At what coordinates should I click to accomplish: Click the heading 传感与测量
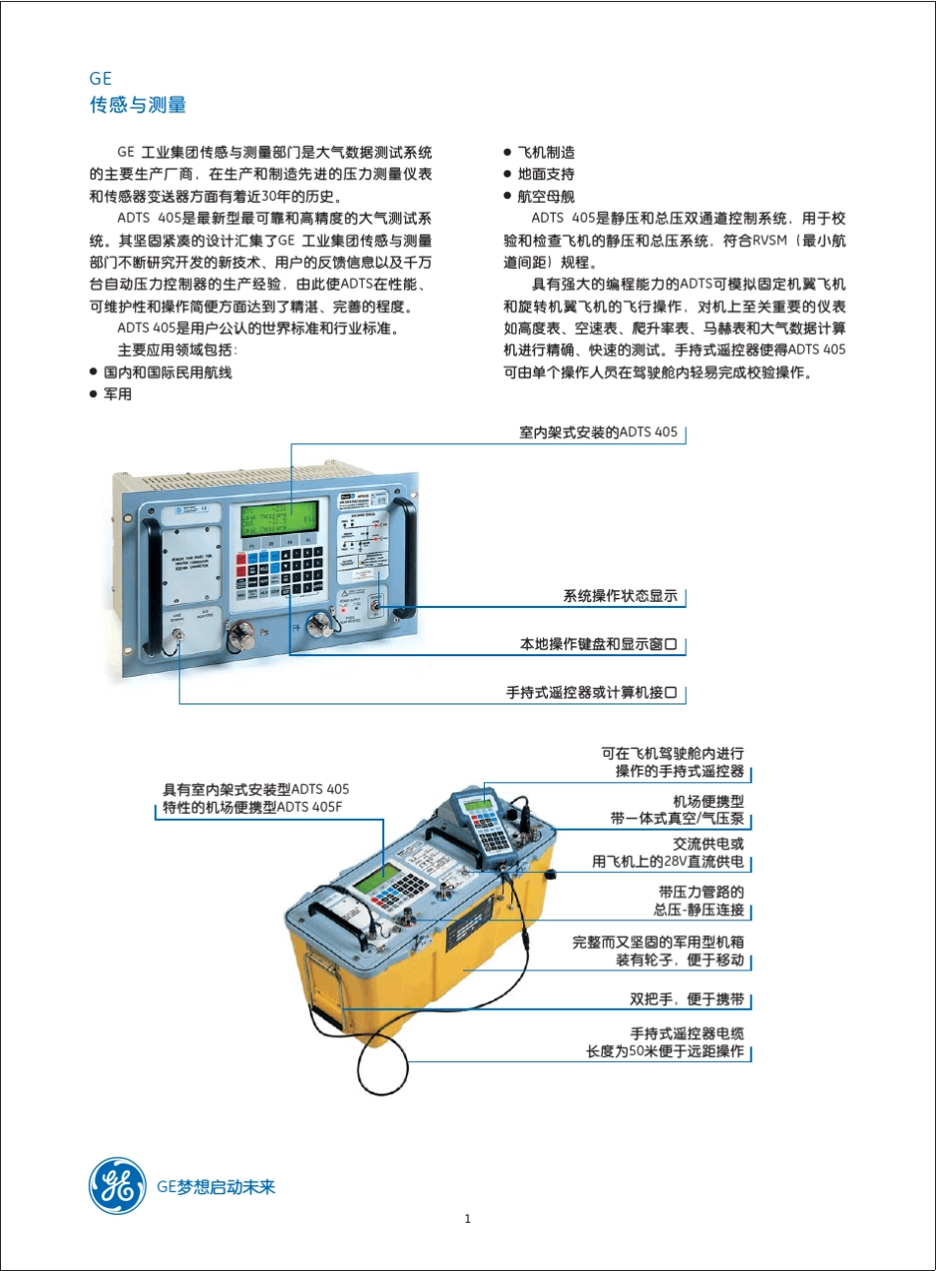tap(138, 104)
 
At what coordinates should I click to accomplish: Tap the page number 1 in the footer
tap(467, 1219)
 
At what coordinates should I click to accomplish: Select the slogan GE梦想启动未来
tap(216, 1186)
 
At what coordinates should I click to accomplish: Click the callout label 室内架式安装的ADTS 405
tap(598, 433)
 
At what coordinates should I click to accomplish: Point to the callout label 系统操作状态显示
tap(620, 596)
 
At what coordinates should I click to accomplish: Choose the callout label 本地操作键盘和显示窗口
tap(598, 644)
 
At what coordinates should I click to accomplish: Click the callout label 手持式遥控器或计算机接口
tap(591, 693)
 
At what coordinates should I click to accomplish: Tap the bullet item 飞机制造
tap(546, 153)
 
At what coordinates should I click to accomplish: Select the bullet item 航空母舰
tap(546, 196)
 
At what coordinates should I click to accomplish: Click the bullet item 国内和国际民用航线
tap(167, 372)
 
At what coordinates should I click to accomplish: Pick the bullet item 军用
tap(117, 394)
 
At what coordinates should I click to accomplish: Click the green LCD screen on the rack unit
tap(280, 515)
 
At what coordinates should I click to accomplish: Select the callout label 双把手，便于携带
tap(687, 999)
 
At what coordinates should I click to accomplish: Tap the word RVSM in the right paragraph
tap(770, 240)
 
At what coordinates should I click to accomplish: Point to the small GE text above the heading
tap(100, 79)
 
